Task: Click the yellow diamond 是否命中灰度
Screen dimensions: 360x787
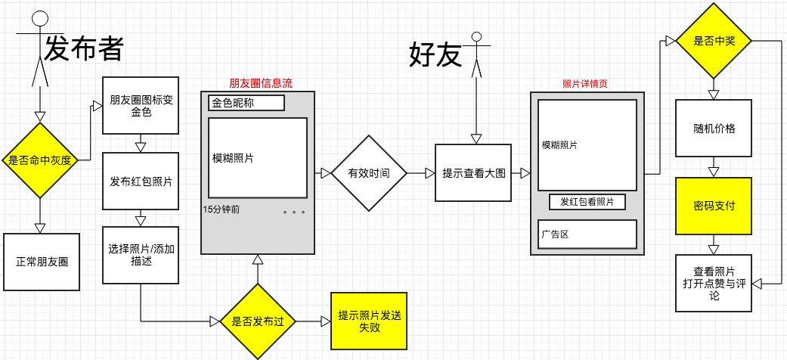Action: (40, 160)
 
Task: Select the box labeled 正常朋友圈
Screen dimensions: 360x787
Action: (42, 262)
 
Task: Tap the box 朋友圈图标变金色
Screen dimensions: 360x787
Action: (141, 105)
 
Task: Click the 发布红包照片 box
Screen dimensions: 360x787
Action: (141, 182)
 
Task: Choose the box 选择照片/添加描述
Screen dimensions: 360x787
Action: (141, 255)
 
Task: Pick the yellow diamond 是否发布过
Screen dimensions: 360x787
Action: (257, 321)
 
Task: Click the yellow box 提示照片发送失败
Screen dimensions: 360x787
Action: (370, 321)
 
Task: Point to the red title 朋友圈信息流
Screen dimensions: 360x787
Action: (260, 83)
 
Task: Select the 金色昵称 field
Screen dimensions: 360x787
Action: (246, 102)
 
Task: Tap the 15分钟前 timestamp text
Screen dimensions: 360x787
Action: (222, 209)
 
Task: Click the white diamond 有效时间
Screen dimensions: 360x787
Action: (369, 173)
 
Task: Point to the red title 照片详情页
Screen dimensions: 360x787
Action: (585, 83)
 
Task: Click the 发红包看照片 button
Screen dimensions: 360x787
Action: (587, 202)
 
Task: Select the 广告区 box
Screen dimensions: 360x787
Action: (587, 234)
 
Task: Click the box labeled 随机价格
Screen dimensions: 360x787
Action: (714, 128)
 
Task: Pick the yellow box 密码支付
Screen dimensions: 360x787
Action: (714, 206)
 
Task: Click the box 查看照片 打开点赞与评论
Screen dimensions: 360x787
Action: (714, 283)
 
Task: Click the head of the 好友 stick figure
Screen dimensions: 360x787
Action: (476, 36)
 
